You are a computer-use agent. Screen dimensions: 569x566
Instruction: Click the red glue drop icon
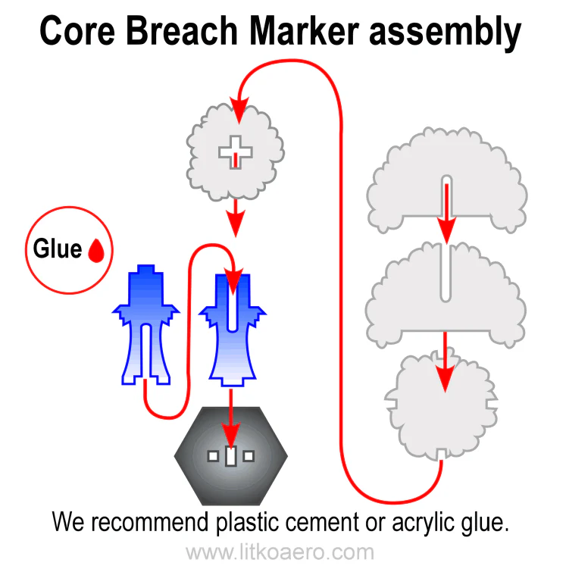pyautogui.click(x=96, y=251)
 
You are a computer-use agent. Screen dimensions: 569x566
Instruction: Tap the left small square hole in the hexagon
pyautogui.click(x=214, y=456)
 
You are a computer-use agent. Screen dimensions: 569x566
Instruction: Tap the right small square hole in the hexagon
pyautogui.click(x=249, y=456)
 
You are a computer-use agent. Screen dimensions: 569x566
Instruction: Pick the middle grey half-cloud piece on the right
pyautogui.click(x=409, y=292)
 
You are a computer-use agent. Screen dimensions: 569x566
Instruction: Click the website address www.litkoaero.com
pyautogui.click(x=280, y=552)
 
